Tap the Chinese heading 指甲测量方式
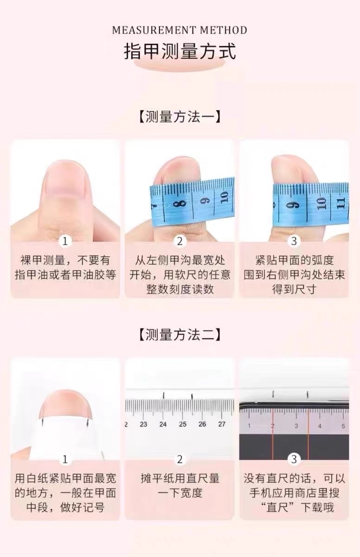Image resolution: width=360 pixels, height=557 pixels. click(x=180, y=51)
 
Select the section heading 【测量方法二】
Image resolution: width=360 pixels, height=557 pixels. click(x=180, y=335)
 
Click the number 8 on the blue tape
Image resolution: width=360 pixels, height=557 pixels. click(x=177, y=203)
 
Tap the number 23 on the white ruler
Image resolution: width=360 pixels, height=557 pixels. click(x=143, y=424)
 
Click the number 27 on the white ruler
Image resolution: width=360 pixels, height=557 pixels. click(x=222, y=424)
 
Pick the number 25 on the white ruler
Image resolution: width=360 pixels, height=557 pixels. click(x=183, y=424)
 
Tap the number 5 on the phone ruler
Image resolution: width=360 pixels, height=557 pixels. click(x=343, y=426)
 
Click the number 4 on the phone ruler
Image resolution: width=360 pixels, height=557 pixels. click(x=320, y=426)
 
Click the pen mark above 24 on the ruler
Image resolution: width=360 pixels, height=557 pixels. click(x=163, y=395)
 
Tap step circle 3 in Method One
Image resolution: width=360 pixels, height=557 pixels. click(x=294, y=241)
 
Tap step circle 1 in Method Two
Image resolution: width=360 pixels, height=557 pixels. click(x=65, y=459)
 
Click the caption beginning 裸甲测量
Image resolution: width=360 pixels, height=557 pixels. click(x=65, y=267)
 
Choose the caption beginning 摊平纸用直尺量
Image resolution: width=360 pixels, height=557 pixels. click(x=180, y=486)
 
